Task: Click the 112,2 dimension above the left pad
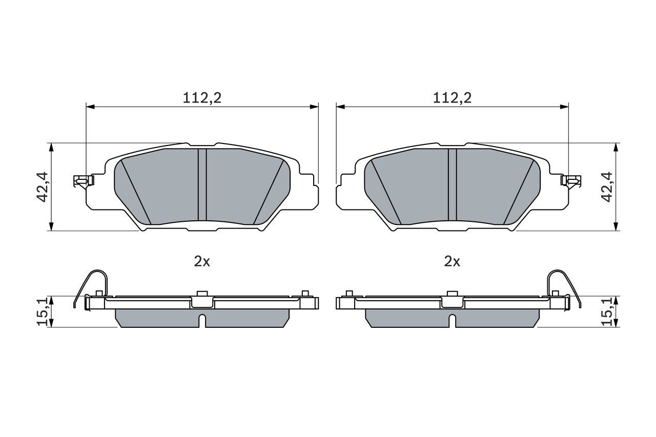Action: [x=202, y=98]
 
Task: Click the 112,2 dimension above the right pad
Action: [x=452, y=98]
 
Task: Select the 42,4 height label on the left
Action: [x=42, y=187]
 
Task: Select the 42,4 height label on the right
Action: [x=607, y=187]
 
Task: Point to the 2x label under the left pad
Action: [x=202, y=261]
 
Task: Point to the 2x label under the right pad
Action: [x=452, y=261]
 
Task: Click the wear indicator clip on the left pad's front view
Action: [x=84, y=180]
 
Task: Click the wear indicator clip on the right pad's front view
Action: [x=571, y=180]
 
